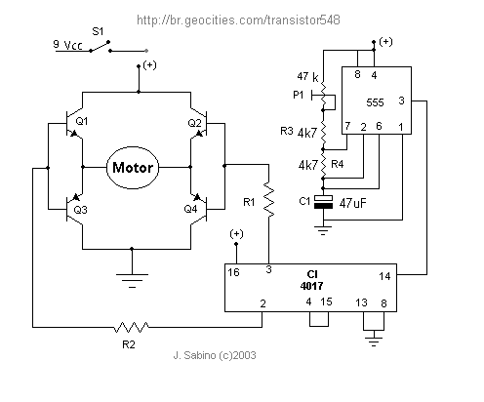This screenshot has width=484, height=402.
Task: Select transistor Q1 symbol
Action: coord(74,124)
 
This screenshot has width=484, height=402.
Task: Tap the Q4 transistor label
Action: coord(190,209)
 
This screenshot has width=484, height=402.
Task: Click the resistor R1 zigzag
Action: coord(268,199)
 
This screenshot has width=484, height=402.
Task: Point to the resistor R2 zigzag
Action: coord(132,327)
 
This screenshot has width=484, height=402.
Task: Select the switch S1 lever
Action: coord(100,46)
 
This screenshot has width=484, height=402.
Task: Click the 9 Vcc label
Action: coord(67,45)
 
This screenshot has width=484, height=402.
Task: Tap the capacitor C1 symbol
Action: coord(323,202)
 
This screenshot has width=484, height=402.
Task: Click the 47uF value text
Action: coord(352,203)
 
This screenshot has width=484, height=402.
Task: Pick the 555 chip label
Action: coord(375,102)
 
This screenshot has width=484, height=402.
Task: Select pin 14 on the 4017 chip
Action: coord(384,276)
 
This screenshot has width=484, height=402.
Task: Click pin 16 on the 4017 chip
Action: coord(233,272)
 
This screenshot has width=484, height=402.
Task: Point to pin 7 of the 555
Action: coord(347,126)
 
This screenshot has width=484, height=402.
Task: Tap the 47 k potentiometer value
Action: coord(307,77)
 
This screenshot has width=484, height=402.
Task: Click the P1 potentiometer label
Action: coord(299,95)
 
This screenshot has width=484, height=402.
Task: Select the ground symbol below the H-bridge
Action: coord(132,281)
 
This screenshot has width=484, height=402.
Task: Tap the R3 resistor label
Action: coord(287,131)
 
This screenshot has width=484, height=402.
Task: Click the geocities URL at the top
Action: coord(238,20)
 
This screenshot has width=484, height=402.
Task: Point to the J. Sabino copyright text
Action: coord(215,355)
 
